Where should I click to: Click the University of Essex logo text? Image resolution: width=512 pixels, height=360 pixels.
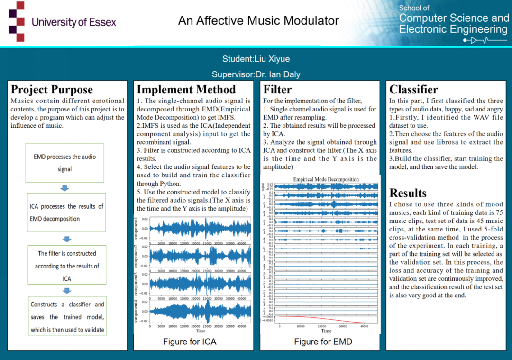(73, 22)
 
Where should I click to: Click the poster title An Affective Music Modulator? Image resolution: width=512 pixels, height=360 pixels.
(258, 21)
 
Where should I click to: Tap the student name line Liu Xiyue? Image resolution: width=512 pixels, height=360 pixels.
(256, 59)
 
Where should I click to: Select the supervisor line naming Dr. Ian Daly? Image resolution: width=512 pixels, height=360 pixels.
(256, 74)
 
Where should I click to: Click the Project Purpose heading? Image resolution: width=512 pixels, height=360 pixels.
(52, 90)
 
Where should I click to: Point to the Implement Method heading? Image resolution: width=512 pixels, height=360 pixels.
(186, 90)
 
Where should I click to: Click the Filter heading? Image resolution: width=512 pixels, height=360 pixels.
(277, 90)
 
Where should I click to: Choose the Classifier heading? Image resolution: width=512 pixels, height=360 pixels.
(413, 90)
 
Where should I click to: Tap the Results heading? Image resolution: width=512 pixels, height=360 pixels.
(408, 193)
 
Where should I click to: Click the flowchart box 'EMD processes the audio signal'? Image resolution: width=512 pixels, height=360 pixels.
(65, 163)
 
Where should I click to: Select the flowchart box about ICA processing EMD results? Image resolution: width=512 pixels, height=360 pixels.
(66, 212)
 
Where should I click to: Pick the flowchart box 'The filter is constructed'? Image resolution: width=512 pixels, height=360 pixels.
(67, 266)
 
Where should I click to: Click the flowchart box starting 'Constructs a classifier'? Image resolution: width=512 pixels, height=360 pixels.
(67, 317)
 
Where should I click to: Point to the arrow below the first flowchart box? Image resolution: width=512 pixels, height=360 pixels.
(65, 188)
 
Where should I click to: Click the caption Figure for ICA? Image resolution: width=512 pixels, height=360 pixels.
(189, 342)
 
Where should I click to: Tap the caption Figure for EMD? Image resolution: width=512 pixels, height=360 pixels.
(323, 342)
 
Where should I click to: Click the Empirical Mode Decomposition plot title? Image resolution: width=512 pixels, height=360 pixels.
(326, 179)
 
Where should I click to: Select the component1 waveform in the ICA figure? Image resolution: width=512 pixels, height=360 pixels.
(199, 229)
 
